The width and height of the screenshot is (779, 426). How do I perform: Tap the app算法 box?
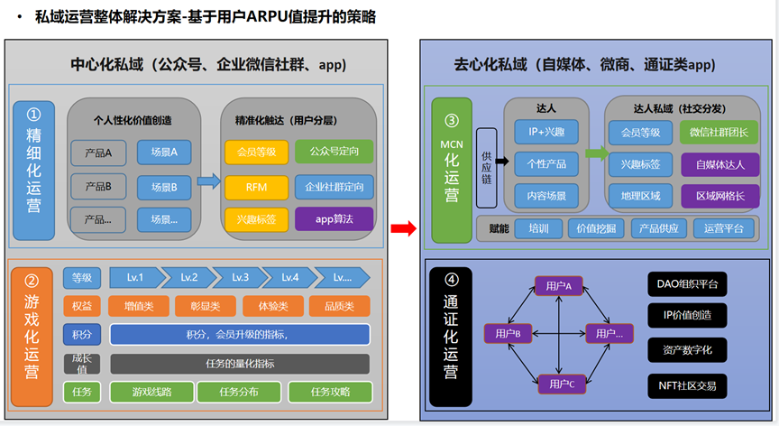(334, 218)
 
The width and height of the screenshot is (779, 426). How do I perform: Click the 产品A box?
(98, 153)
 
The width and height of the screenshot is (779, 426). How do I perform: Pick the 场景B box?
(164, 188)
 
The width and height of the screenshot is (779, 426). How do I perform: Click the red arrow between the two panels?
(403, 229)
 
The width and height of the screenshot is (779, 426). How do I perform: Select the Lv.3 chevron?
(239, 277)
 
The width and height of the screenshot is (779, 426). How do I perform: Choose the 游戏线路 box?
(151, 392)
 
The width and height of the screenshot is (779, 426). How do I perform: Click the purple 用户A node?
(559, 286)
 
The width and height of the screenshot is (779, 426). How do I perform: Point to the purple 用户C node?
(559, 384)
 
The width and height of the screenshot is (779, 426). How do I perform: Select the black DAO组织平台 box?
(687, 286)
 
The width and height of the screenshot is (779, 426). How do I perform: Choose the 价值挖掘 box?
(596, 228)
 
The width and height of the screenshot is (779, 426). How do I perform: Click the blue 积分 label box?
(82, 335)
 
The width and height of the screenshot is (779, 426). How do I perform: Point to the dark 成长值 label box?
(82, 364)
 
